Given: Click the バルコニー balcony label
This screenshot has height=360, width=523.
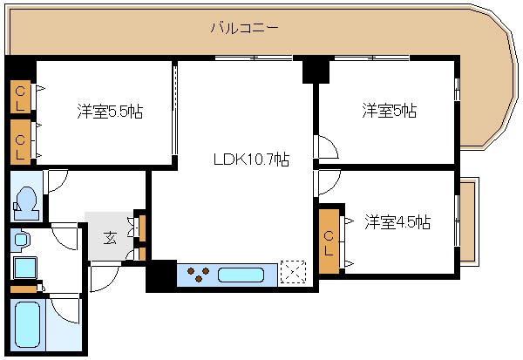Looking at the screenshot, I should point(245,28).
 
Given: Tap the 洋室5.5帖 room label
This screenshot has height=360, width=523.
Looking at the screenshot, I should point(110,112).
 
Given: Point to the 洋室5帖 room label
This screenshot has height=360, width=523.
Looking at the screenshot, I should point(389,111).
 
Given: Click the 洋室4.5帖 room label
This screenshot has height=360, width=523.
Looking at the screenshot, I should point(397,221).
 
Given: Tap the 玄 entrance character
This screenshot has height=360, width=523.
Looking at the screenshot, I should point(111,236).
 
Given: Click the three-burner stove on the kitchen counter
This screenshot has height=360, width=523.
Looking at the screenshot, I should point(200,275).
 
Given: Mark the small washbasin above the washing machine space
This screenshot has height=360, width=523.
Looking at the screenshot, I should point(21,238).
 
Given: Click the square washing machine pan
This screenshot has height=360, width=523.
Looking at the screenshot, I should point(24,268).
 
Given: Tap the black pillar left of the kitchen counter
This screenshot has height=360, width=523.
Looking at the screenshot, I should point(160,275).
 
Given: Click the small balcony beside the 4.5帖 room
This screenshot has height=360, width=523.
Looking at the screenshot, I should point(468,223).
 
